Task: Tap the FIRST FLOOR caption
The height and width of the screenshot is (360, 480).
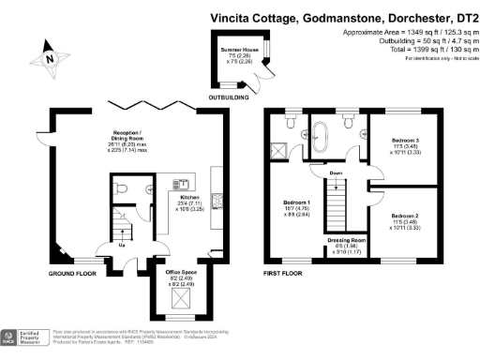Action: click(x=282, y=273)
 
